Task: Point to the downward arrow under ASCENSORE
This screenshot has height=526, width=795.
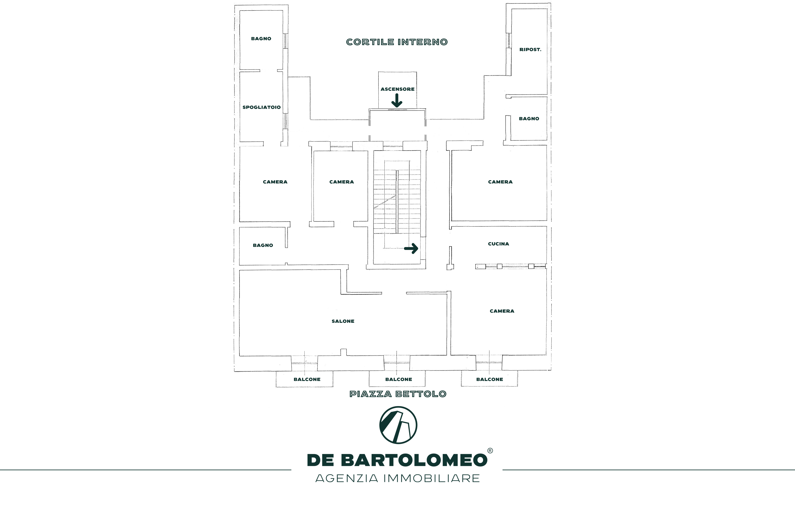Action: coord(397,101)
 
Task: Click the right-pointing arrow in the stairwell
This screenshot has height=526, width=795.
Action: coord(411,248)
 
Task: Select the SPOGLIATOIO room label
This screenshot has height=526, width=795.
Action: coord(262,107)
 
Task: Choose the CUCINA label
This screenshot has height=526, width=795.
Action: coord(498,244)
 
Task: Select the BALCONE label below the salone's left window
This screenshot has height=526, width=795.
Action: coord(307,379)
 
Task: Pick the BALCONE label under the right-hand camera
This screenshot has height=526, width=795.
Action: coord(489,379)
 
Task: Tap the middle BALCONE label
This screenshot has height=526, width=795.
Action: coord(398,379)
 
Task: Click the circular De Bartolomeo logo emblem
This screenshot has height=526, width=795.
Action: coord(398,425)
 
